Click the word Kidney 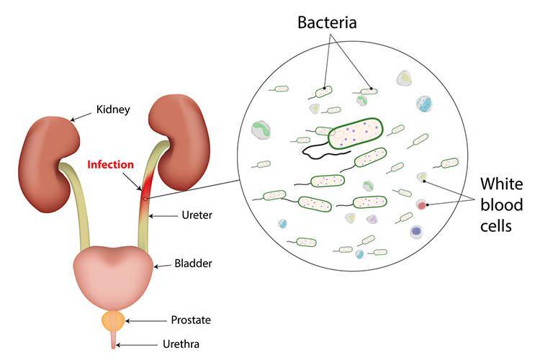[113, 110]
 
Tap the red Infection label [111, 165]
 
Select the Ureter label [197, 215]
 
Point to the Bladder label [193, 264]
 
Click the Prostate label [191, 320]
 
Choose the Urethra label [181, 344]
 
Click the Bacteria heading [327, 22]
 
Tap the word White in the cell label [501, 184]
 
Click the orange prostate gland [113, 320]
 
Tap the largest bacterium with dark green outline [356, 133]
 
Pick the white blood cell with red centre [421, 205]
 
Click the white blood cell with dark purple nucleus [417, 232]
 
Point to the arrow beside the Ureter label [163, 216]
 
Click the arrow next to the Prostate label [145, 320]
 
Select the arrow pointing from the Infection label [132, 181]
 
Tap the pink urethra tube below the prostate [113, 339]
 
